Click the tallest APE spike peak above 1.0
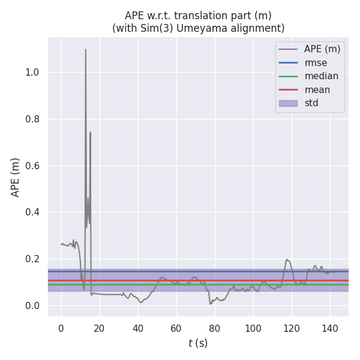click(85, 49)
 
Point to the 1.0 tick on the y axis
click(32, 73)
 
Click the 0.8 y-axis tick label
click(32, 119)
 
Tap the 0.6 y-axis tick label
click(32, 166)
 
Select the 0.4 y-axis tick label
click(32, 212)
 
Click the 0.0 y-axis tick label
click(32, 306)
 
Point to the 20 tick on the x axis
click(99, 328)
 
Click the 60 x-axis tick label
click(176, 328)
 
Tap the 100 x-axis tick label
click(253, 328)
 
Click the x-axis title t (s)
click(198, 343)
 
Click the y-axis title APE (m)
click(16, 177)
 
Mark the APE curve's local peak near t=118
click(287, 259)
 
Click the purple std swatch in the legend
click(288, 103)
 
